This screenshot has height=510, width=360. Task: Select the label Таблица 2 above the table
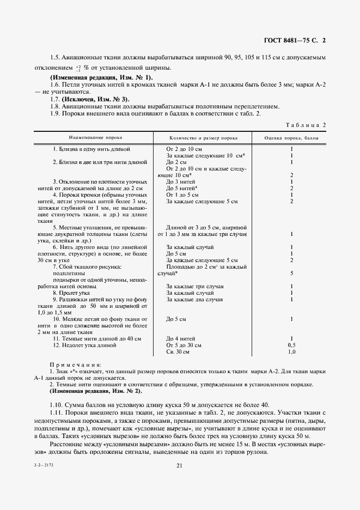tap(307, 125)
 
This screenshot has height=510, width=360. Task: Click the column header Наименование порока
tap(95, 138)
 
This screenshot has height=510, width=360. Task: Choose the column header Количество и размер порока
tap(203, 138)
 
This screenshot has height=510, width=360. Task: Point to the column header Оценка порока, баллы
tap(291, 138)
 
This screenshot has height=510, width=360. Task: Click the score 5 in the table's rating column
tap(292, 273)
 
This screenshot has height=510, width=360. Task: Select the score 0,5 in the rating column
tap(292, 345)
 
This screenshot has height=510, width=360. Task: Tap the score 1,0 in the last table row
tap(292, 353)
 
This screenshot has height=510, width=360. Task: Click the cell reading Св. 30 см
tap(178, 353)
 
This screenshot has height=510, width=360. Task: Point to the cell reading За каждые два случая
tap(194, 299)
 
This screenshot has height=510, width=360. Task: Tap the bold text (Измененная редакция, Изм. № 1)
tap(101, 78)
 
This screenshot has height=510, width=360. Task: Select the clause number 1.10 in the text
tap(56, 404)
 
